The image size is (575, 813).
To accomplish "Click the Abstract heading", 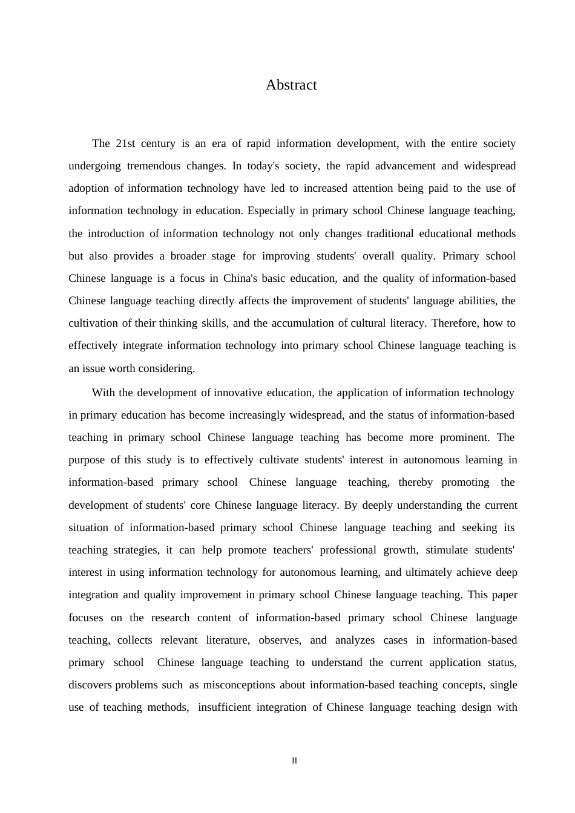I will (291, 85).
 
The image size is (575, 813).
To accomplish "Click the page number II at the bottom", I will (295, 761).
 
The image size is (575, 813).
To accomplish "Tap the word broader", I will (188, 256).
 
